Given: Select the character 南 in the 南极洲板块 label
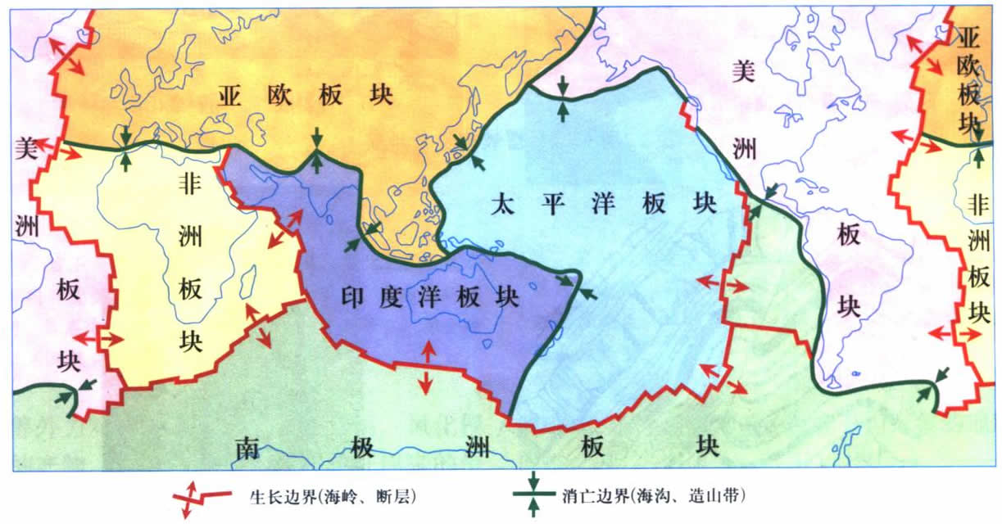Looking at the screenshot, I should [247, 448].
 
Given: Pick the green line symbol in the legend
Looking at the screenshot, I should [533, 495].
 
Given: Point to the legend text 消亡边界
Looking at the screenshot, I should [590, 495].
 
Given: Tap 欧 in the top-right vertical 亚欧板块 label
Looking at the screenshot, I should [970, 66].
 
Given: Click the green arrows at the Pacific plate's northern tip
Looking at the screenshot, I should [562, 97].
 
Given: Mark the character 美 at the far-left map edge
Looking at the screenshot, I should [24, 147].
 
